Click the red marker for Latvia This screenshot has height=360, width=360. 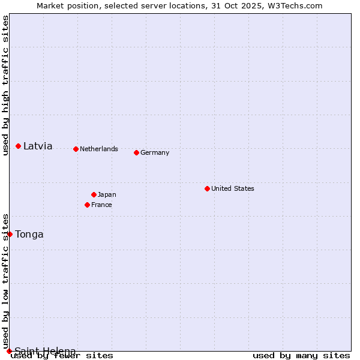pyautogui.click(x=19, y=146)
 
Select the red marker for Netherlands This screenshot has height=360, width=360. pyautogui.click(x=76, y=149)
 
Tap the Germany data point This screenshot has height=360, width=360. pyautogui.click(x=136, y=152)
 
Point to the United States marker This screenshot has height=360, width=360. pyautogui.click(x=207, y=188)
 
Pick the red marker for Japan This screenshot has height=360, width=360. pyautogui.click(x=94, y=194)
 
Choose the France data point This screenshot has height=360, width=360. pyautogui.click(x=87, y=205)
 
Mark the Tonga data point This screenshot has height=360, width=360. pyautogui.click(x=10, y=234)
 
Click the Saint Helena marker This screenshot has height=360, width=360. pyautogui.click(x=10, y=351)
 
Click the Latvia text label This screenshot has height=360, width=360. pyautogui.click(x=38, y=146)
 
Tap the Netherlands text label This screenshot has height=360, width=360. pyautogui.click(x=99, y=149)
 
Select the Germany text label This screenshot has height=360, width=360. pyautogui.click(x=155, y=152)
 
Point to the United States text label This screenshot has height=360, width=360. pyautogui.click(x=233, y=188)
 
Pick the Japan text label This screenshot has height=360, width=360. pyautogui.click(x=107, y=194)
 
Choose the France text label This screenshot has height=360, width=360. pyautogui.click(x=101, y=205)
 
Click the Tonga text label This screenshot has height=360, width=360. pyautogui.click(x=29, y=234)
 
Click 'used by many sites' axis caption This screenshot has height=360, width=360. pyautogui.click(x=301, y=355)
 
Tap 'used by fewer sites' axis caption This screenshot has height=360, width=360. pyautogui.click(x=62, y=355)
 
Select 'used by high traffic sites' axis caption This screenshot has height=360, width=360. pyautogui.click(x=5, y=85)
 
